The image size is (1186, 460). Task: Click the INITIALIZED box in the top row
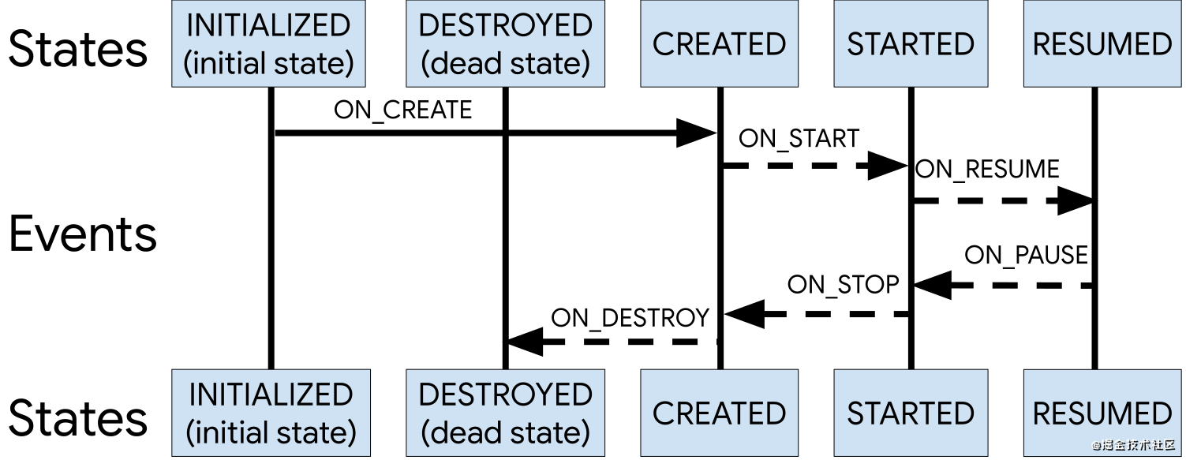coord(268,43)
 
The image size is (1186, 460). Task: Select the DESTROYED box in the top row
coord(505,43)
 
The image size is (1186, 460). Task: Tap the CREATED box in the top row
coord(719,43)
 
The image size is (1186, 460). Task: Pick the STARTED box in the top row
coord(911,43)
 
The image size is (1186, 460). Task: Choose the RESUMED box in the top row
coord(1102,43)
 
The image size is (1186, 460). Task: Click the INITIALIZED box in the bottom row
coord(271,413)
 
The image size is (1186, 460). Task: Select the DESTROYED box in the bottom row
coord(505,413)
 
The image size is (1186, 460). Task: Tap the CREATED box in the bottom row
coord(719,413)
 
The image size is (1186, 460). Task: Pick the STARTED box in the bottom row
coord(911,413)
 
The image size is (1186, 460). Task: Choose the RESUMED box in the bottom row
coord(1102,413)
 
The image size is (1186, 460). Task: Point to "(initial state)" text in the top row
coord(268,63)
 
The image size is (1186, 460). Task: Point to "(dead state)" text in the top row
coord(505,63)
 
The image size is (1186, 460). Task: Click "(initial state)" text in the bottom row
coord(271,432)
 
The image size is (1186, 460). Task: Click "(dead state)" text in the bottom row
coord(505,432)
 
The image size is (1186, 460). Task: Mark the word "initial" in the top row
coord(229,63)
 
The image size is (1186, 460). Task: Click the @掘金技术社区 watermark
coord(1133,445)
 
